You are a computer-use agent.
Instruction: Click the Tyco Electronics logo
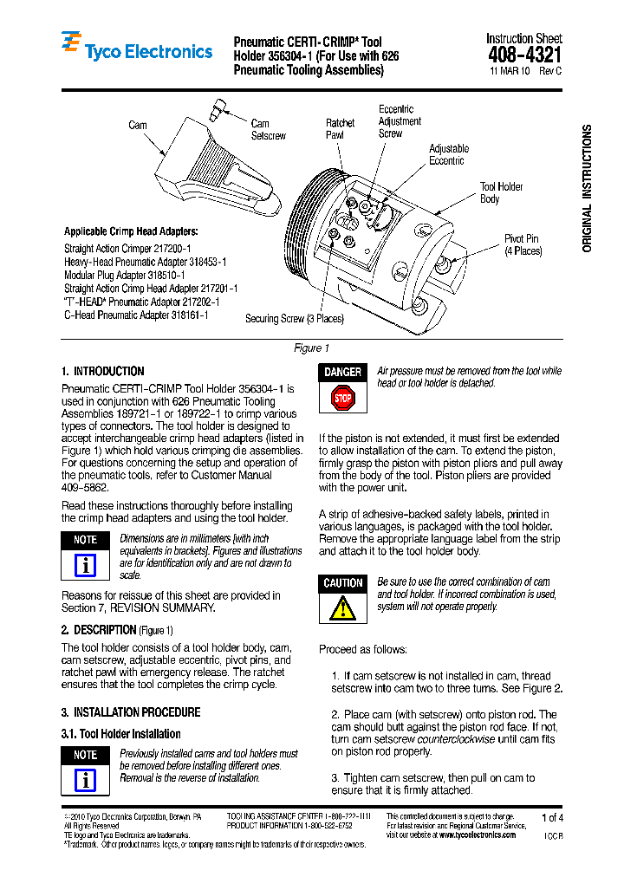(136, 47)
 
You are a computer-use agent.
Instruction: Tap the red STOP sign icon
(342, 399)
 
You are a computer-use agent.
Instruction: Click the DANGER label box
(342, 373)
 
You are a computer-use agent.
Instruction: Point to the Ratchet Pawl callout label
(340, 129)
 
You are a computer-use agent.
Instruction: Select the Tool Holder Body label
(501, 192)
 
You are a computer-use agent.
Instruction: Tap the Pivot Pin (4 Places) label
(523, 244)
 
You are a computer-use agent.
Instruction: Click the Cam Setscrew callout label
(268, 130)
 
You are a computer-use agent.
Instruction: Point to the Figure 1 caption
(311, 348)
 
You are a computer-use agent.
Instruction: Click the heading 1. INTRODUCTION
(102, 371)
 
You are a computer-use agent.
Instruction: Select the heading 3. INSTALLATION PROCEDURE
(130, 712)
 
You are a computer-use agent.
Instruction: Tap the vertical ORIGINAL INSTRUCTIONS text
(587, 188)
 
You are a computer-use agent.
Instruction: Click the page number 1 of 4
(551, 817)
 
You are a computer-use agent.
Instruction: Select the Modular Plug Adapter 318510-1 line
(124, 275)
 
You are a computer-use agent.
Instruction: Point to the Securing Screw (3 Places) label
(295, 318)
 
